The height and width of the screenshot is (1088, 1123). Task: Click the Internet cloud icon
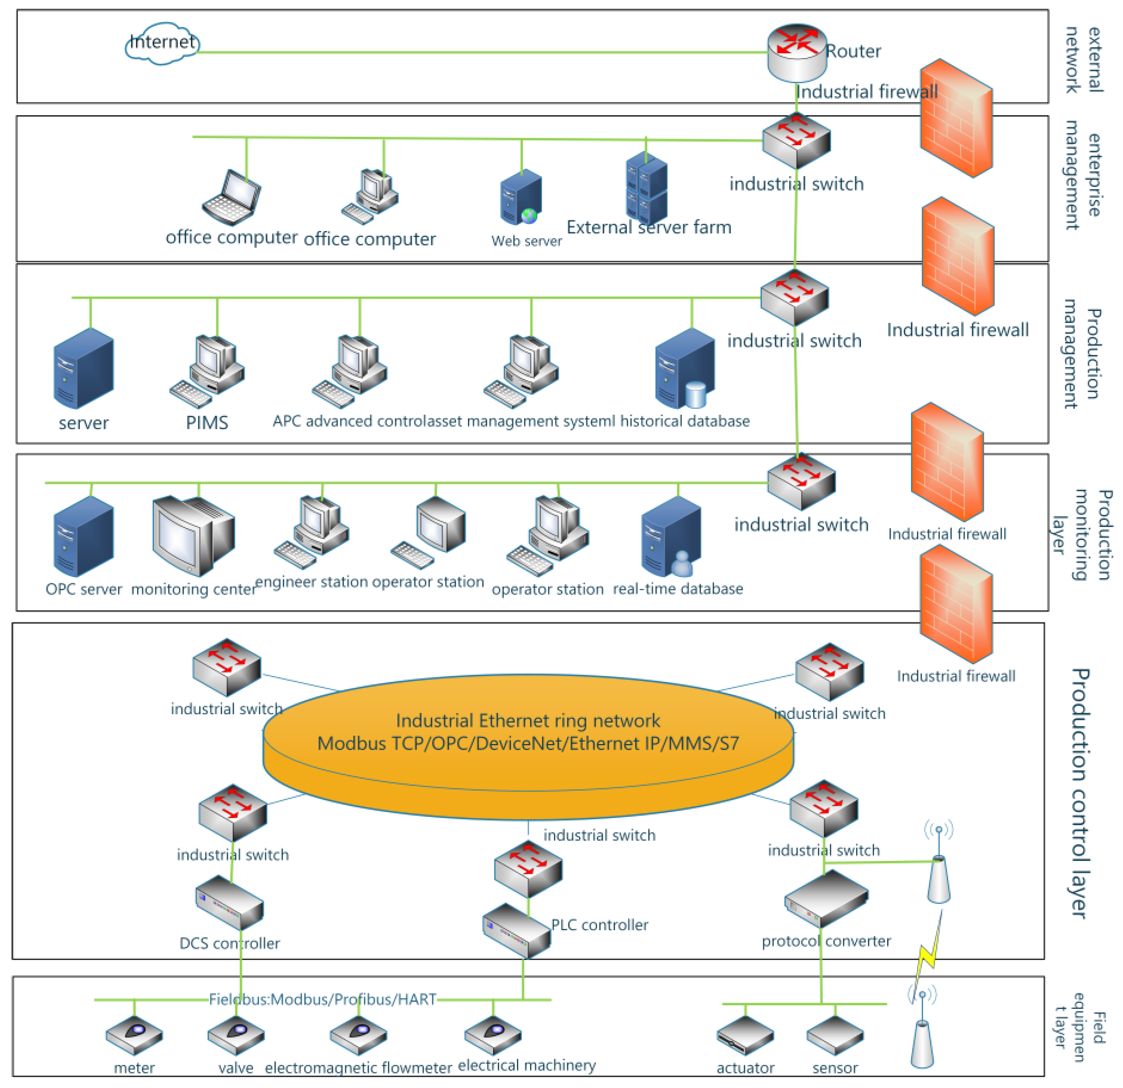point(162,43)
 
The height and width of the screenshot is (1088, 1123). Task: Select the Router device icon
point(797,53)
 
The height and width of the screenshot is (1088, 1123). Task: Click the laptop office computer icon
point(231,198)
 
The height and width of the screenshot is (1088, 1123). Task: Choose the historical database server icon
point(685,368)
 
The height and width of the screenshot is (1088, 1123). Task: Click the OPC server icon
point(84,536)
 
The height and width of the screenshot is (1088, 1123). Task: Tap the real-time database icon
point(671,536)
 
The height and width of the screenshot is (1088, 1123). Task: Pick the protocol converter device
point(826,899)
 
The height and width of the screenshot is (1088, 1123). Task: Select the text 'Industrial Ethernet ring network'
point(528,720)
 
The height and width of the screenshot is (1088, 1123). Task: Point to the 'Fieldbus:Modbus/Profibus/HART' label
point(323,999)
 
